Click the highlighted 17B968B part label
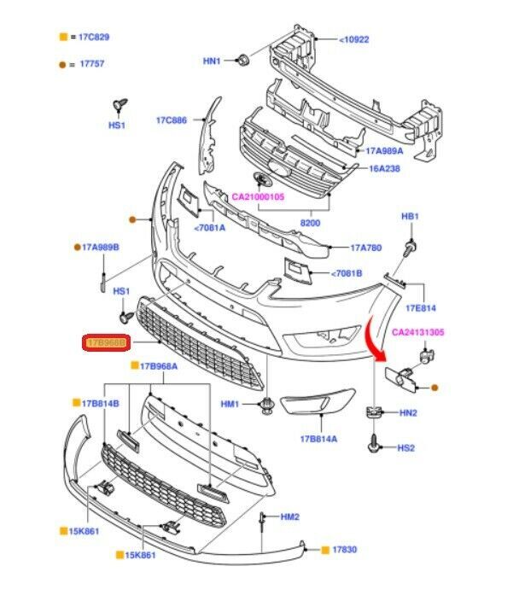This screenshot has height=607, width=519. pos(106,343)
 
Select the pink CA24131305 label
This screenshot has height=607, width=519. pos(418,332)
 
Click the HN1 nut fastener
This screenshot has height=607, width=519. pos(242,61)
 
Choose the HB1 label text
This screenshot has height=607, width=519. pos(410,217)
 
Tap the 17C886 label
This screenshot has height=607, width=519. pos(171,120)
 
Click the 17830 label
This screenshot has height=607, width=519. pos(344,551)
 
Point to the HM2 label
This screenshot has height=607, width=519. pos(290,517)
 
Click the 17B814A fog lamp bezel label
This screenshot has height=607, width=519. pos(318,439)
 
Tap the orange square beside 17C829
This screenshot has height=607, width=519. pos(62,38)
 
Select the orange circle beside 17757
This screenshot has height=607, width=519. pos(62,64)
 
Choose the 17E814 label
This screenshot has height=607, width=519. pos(421,306)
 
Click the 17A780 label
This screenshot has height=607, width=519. pos(367,248)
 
